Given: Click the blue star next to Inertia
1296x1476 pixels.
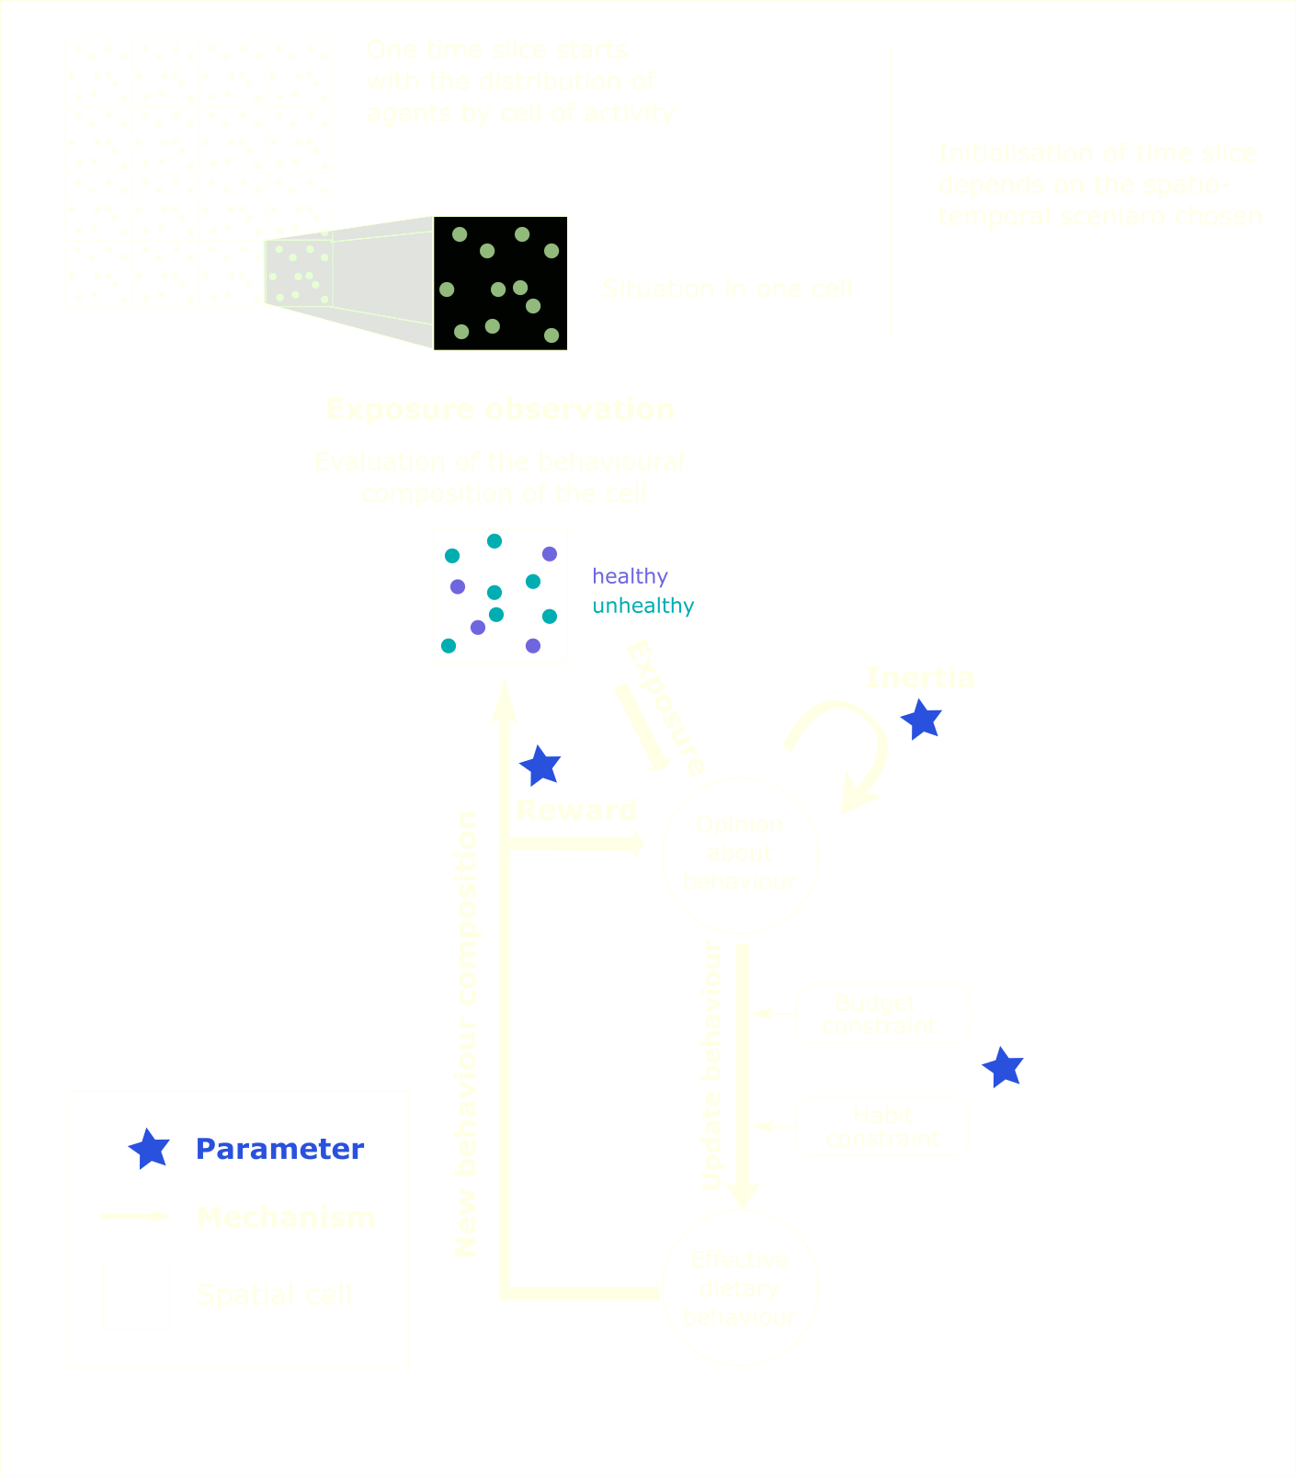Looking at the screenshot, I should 921,720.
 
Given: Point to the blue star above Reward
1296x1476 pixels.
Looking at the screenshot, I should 540,766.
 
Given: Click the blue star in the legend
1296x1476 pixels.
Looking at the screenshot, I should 149,1149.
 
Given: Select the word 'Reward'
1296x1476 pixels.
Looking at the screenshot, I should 576,810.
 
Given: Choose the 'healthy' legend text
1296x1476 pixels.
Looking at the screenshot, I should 630,576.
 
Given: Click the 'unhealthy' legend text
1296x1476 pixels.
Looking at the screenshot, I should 643,606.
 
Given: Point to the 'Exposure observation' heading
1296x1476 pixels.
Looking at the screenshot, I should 500,409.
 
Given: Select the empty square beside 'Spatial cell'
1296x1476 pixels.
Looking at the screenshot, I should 137,1296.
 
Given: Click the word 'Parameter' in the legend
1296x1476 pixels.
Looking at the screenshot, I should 280,1149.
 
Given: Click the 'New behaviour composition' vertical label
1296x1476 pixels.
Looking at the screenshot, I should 466,1034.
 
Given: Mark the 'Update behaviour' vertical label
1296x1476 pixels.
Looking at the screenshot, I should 711,1066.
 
